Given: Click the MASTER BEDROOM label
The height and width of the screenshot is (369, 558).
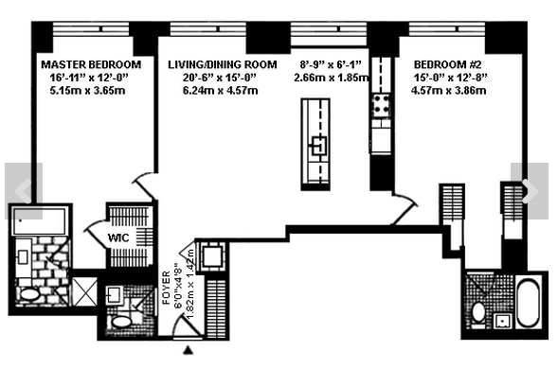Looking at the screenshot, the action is (91, 64).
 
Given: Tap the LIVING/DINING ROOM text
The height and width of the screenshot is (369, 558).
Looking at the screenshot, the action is (223, 64).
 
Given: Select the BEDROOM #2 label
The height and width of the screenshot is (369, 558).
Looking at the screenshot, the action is (448, 64).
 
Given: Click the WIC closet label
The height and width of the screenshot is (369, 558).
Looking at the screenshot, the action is (118, 237).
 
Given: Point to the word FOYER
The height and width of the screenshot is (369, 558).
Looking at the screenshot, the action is (166, 288).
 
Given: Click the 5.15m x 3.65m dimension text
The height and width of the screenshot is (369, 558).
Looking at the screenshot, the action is (87, 90).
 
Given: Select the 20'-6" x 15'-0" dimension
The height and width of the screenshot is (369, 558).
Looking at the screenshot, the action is (220, 78).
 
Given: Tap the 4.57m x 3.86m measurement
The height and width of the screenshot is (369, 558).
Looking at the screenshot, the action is (448, 90).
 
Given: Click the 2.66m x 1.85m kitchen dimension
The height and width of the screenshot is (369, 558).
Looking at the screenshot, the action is (332, 78).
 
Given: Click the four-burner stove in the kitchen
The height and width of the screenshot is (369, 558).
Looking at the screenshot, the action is (381, 106).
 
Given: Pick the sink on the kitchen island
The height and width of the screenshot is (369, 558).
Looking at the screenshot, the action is (319, 146).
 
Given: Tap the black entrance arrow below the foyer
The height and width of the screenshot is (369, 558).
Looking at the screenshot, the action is (189, 350).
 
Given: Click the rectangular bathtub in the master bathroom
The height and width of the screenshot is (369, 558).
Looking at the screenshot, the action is (40, 221).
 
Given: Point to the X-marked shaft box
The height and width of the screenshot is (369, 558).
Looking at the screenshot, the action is (84, 291).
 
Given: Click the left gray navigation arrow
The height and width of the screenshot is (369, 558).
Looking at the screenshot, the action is (24, 191).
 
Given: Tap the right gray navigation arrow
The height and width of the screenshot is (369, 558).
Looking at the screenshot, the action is (530, 191).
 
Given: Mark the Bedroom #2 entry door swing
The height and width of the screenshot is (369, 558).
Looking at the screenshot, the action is (406, 208).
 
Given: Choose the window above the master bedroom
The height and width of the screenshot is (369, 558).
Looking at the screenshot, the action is (91, 28).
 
